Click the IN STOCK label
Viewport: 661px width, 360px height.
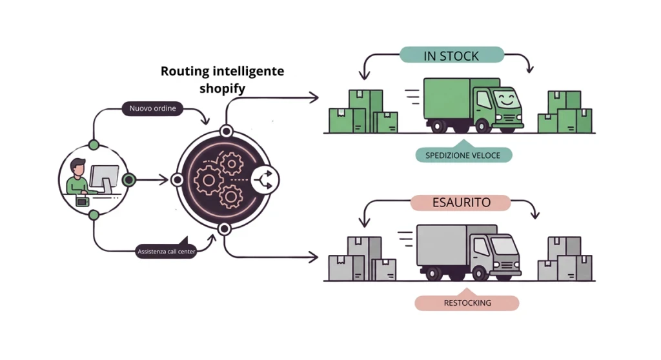click(451, 55)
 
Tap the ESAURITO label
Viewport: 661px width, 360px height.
click(461, 203)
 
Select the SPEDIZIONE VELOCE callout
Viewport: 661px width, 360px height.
click(463, 154)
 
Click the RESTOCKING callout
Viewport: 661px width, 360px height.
click(467, 302)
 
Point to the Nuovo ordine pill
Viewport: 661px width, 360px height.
click(152, 108)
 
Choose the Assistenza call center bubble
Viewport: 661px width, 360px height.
click(166, 250)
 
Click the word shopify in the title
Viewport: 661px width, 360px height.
click(222, 88)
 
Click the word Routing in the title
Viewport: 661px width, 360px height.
click(183, 71)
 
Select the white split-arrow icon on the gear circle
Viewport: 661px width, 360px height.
click(265, 180)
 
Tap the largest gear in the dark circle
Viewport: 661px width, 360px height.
click(208, 181)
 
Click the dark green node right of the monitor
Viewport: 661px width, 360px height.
click(129, 180)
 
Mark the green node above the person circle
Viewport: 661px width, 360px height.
click(94, 145)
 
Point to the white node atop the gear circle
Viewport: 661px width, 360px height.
click(227, 132)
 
